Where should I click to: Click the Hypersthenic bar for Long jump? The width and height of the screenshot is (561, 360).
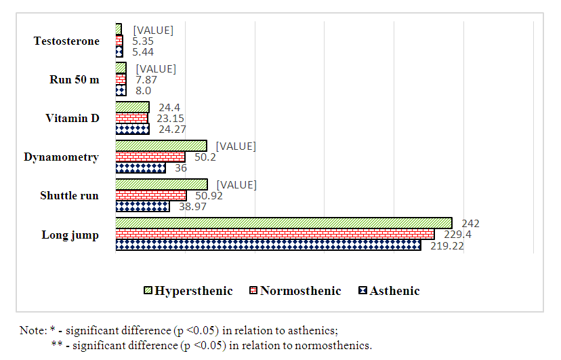click(283, 223)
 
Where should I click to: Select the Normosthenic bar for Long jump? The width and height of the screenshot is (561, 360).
click(274, 234)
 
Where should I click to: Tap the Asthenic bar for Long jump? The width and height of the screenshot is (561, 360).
click(268, 245)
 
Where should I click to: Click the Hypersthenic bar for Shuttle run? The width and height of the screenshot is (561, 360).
click(161, 184)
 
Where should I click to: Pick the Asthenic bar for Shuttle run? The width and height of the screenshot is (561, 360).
click(142, 206)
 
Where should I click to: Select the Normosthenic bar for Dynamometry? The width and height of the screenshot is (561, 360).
click(150, 157)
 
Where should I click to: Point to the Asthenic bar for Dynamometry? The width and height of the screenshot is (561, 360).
click(140, 167)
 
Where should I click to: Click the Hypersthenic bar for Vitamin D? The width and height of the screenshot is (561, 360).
click(132, 107)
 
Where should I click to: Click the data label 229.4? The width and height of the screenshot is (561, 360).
click(453, 234)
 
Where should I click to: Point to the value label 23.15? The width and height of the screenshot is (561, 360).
click(171, 119)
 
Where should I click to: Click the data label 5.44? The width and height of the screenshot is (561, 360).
click(143, 52)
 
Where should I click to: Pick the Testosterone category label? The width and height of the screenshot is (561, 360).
click(66, 41)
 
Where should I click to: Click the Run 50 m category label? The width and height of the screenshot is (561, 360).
click(75, 80)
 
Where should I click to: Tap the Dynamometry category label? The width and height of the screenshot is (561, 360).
click(61, 157)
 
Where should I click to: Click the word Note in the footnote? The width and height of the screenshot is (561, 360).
click(32, 330)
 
